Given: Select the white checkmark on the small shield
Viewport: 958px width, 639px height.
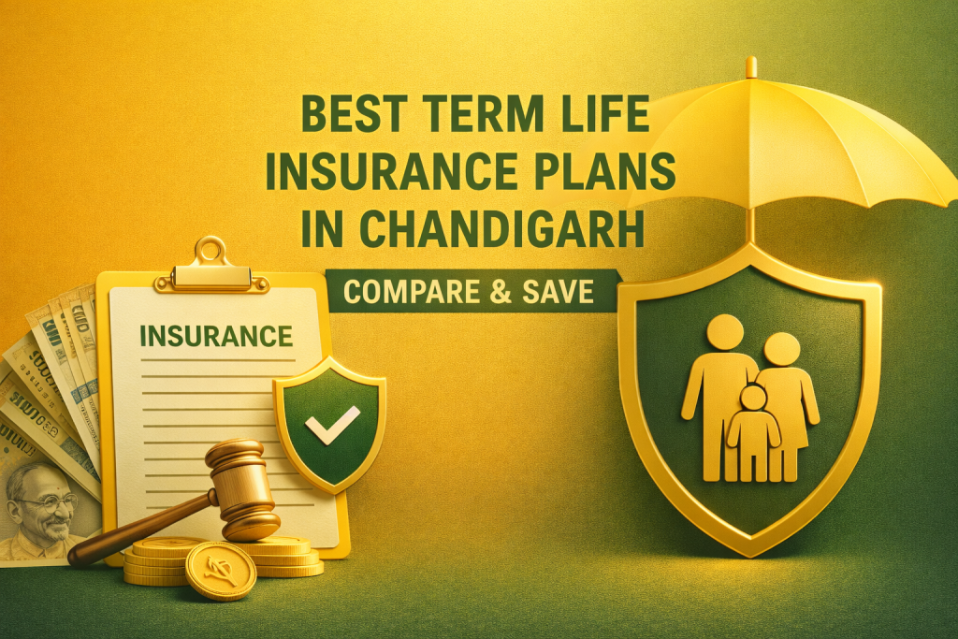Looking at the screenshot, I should tap(331, 424).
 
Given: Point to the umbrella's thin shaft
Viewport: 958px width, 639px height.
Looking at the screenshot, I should tap(750, 220).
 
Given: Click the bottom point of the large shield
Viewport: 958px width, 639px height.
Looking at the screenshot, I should tap(749, 552).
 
